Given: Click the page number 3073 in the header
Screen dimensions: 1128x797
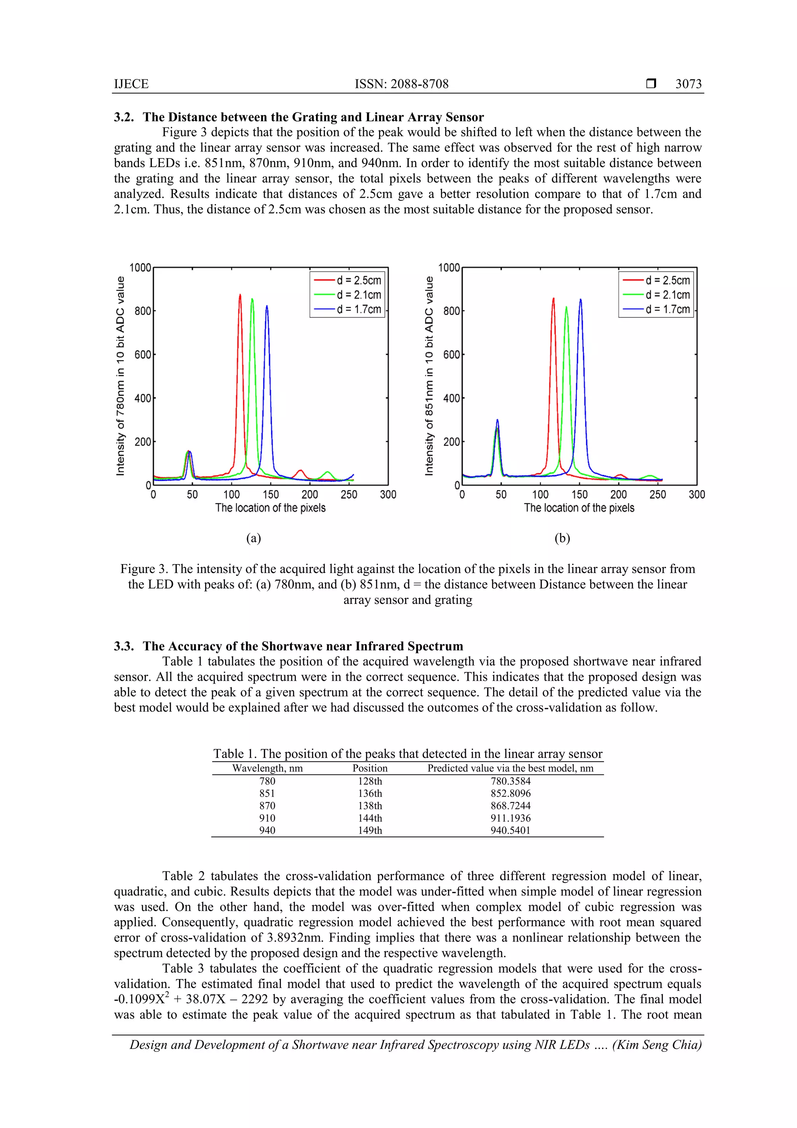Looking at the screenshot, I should click(688, 84).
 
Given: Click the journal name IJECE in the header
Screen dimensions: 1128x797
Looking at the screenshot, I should click(131, 84).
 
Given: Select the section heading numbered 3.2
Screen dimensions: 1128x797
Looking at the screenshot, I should click(298, 117).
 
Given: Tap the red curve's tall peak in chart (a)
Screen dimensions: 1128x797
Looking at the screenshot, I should click(240, 296).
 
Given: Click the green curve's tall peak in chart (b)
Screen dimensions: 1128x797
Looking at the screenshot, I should click(566, 308).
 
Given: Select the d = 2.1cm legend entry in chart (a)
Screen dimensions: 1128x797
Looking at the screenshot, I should click(358, 295).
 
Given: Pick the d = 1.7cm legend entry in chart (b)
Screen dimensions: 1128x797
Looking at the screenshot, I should click(667, 309).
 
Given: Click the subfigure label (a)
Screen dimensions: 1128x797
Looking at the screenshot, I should click(253, 538).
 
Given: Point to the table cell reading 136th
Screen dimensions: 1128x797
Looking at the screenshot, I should click(370, 794).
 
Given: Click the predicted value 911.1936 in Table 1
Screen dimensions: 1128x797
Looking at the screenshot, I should click(510, 818).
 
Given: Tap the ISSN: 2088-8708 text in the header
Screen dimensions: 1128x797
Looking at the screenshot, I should click(401, 84).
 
